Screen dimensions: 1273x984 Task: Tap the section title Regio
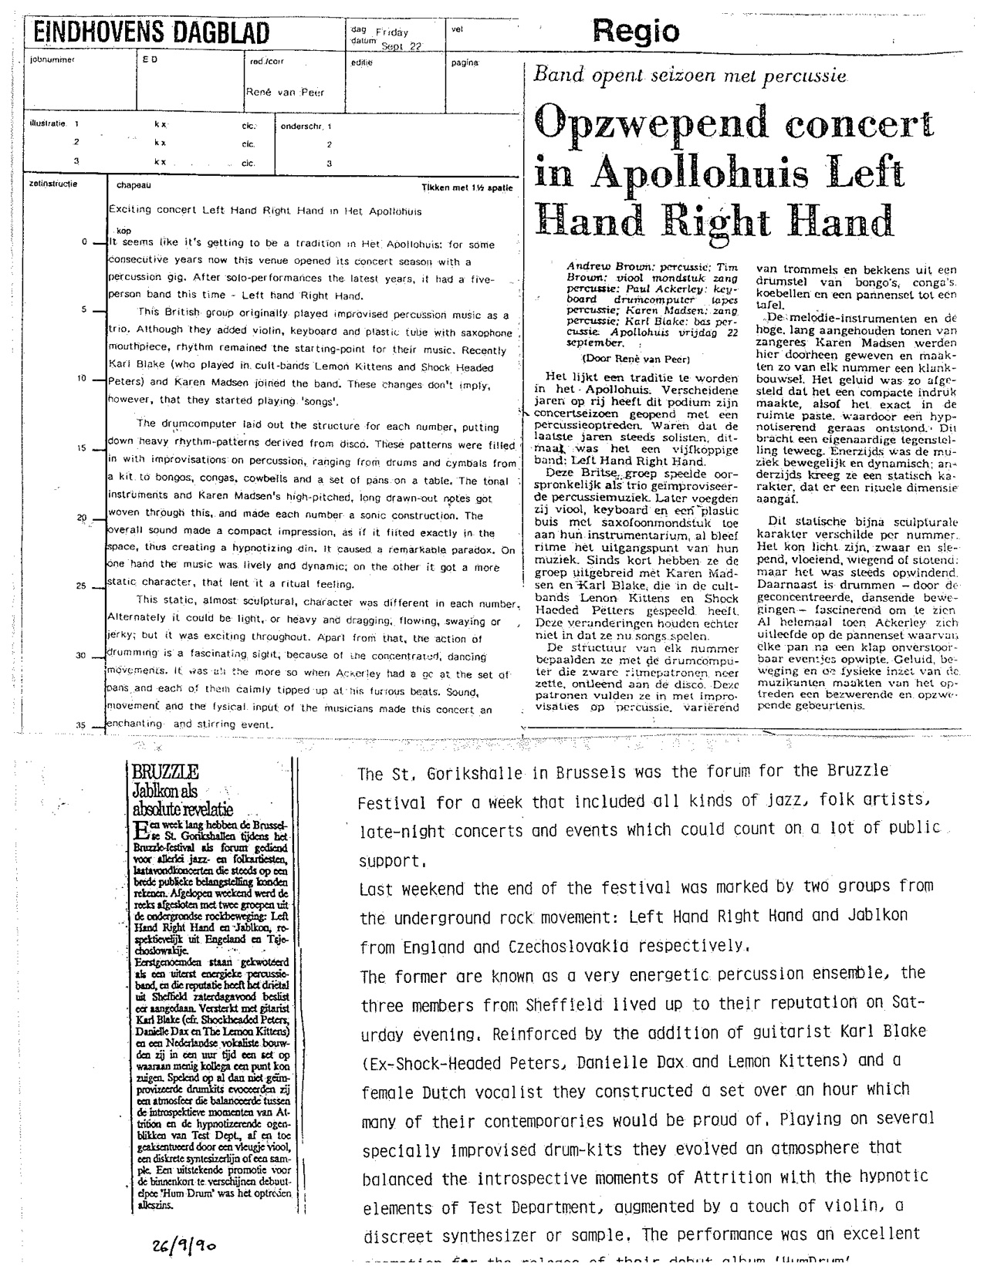[636, 32]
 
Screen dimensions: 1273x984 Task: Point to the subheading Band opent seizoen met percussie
[691, 76]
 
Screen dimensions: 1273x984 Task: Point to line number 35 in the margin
[81, 724]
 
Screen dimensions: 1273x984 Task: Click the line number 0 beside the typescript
[83, 241]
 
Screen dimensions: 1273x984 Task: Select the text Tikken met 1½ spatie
[466, 187]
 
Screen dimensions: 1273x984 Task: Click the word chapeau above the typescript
[134, 186]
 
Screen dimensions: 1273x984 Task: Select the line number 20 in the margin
[81, 517]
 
